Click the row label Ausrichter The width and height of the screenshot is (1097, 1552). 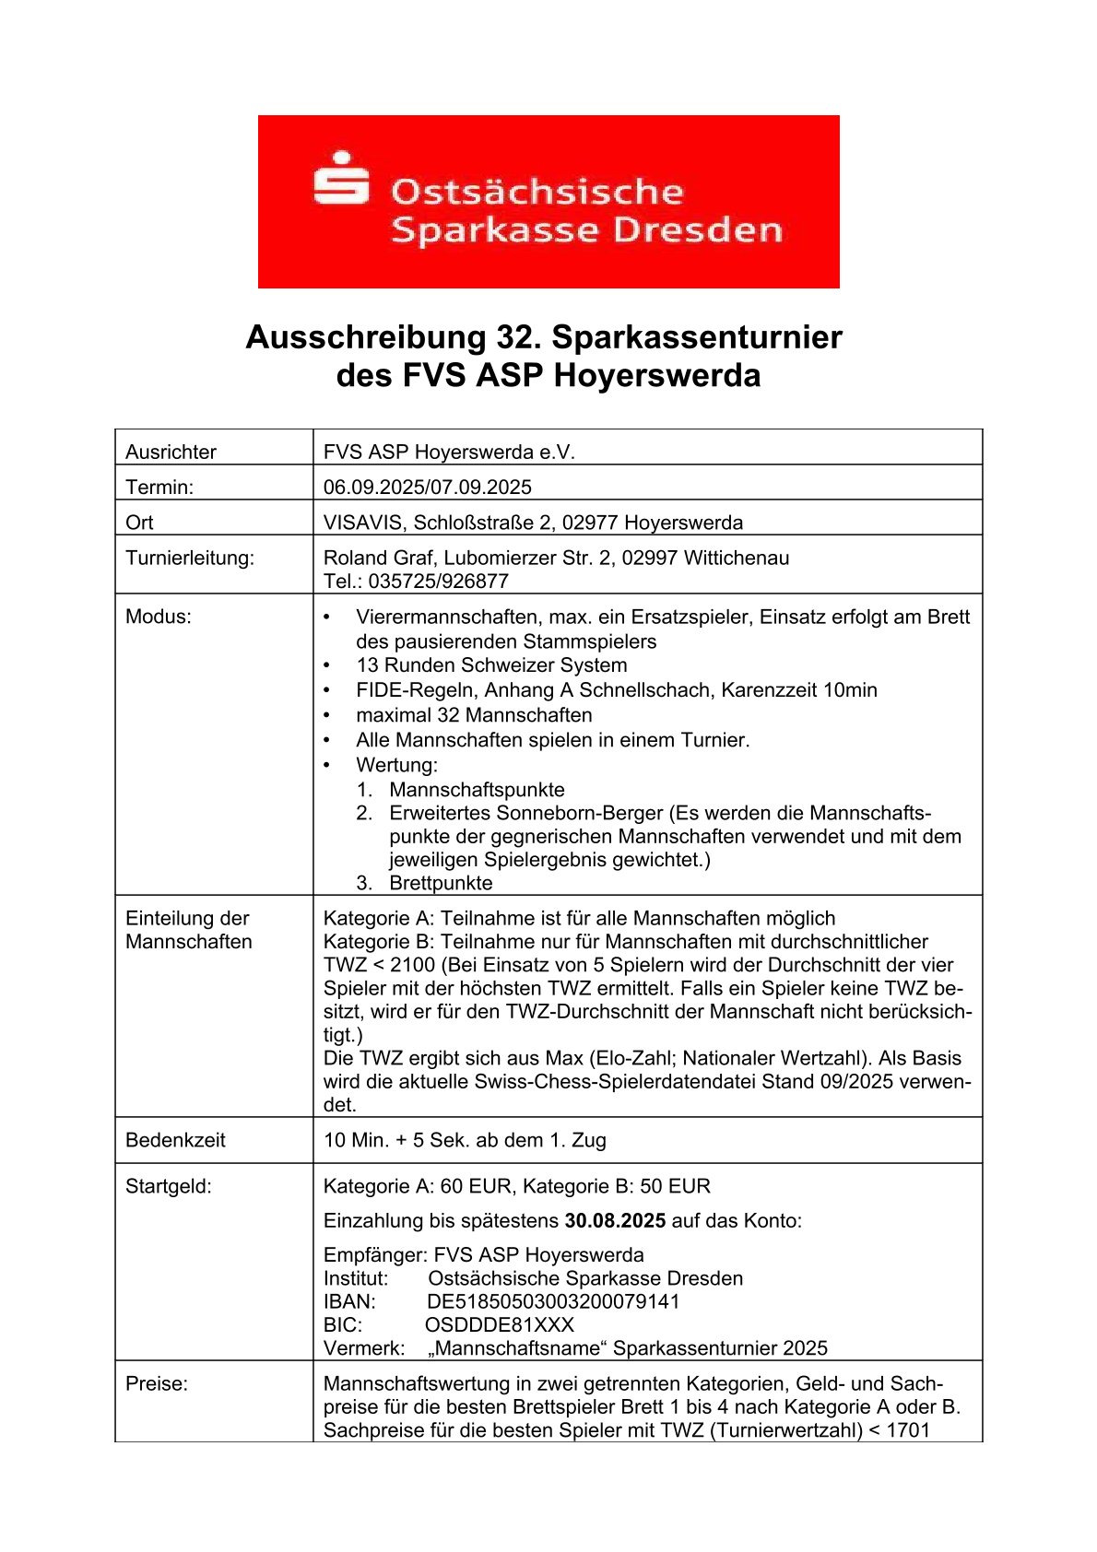(x=171, y=452)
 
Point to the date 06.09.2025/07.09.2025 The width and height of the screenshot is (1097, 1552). (x=427, y=487)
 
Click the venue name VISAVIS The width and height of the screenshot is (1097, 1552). (x=363, y=523)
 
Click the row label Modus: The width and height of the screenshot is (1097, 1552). (x=158, y=617)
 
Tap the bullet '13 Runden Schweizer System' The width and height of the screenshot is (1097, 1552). (x=490, y=665)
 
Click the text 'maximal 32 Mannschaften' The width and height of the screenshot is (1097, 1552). (x=474, y=715)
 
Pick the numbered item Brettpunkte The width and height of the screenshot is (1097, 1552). (x=441, y=883)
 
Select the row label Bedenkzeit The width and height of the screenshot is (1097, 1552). (x=175, y=1140)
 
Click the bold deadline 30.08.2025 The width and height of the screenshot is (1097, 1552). (x=615, y=1221)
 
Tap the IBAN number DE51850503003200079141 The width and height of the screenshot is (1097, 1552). (x=553, y=1302)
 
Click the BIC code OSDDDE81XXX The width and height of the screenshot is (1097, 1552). (x=499, y=1325)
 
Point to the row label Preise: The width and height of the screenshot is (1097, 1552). (x=156, y=1383)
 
